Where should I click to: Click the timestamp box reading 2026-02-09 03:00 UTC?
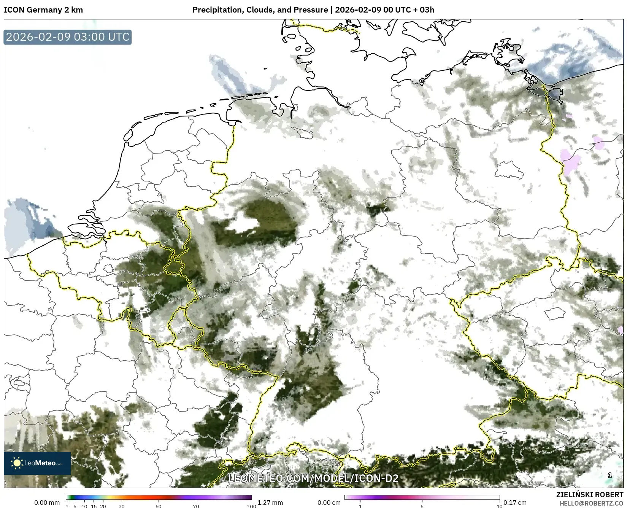tap(68, 37)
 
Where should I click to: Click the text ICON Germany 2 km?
tap(43, 10)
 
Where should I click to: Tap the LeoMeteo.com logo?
tap(37, 463)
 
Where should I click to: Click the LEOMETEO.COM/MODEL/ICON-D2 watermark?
tap(313, 478)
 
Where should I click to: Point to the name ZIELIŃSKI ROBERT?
tap(590, 495)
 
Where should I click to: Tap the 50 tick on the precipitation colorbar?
tap(159, 506)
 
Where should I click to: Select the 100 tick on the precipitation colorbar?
tap(252, 506)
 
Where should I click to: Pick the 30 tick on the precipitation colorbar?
tap(122, 506)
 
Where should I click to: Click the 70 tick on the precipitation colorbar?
tap(196, 506)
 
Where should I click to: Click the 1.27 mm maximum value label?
tap(270, 503)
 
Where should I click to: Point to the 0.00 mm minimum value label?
tap(47, 503)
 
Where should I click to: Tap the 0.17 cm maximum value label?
tap(515, 503)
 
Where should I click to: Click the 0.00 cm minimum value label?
tap(329, 503)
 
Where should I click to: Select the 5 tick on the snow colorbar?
tap(422, 506)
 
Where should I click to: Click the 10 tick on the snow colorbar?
tap(499, 506)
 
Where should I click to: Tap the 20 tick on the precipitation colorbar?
tap(103, 506)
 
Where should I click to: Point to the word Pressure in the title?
tap(313, 10)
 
